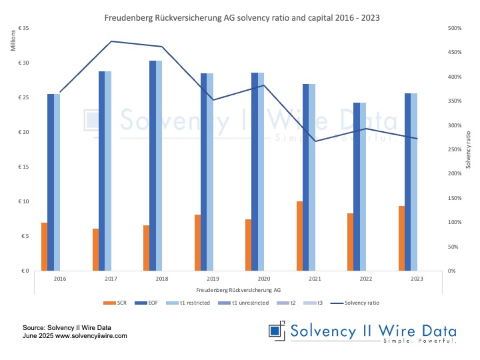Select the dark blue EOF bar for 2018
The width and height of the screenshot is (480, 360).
153,165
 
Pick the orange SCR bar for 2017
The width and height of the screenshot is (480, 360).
95,249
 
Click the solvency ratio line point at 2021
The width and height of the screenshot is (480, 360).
315,141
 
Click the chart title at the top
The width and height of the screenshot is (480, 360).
241,17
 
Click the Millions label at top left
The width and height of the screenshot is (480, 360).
14,41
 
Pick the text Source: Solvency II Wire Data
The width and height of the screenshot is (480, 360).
67,328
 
